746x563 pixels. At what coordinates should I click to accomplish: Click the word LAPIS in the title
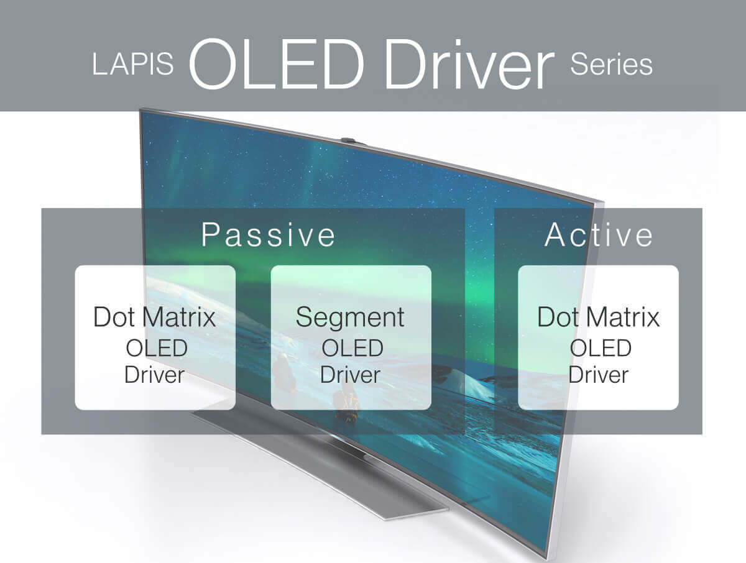tap(132, 65)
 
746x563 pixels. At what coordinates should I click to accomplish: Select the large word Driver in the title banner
tap(468, 62)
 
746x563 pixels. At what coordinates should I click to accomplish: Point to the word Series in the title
tap(611, 65)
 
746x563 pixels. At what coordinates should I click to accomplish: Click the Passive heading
tap(269, 235)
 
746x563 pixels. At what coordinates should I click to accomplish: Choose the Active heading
tap(599, 235)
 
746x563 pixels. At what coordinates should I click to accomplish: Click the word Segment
tap(350, 317)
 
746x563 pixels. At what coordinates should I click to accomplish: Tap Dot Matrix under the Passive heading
tap(154, 317)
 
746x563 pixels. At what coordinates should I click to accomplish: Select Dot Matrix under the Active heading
tap(598, 317)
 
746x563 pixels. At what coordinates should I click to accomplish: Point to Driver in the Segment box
tap(350, 375)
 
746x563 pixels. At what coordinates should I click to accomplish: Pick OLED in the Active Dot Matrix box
tap(600, 347)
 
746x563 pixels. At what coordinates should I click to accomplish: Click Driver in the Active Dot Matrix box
tap(599, 375)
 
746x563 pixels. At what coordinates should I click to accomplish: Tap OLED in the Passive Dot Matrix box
tap(155, 347)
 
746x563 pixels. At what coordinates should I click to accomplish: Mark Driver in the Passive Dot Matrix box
tap(154, 375)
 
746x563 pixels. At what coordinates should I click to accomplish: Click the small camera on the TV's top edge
tap(348, 141)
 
